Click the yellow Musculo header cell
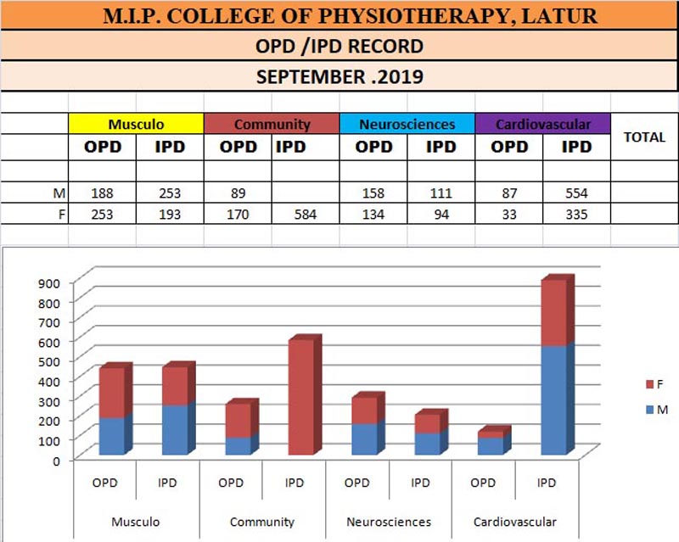point(136,124)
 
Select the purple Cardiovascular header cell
point(543,124)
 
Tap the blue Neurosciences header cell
point(407,124)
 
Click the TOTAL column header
point(644,137)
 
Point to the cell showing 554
point(575,193)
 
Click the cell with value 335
point(575,214)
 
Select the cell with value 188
point(102,193)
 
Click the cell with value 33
point(509,214)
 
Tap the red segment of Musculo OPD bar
point(112,392)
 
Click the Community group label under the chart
point(262,522)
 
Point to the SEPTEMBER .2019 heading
point(339,76)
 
